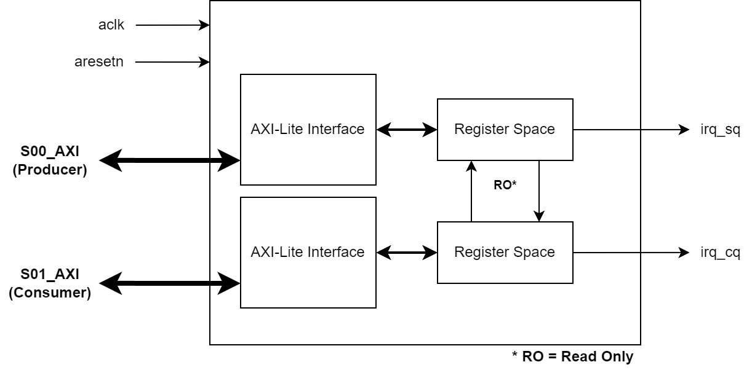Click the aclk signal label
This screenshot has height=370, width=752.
click(111, 25)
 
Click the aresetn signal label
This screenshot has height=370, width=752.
click(99, 62)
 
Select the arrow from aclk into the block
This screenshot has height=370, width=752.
click(172, 25)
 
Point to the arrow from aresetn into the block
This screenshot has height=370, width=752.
click(172, 62)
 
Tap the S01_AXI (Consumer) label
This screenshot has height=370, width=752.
click(50, 284)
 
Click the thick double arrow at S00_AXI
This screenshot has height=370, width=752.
click(169, 161)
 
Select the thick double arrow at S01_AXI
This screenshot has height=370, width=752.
click(169, 283)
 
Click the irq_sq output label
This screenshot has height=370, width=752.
click(719, 130)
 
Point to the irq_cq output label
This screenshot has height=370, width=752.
click(719, 253)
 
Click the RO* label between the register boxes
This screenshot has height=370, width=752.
click(505, 185)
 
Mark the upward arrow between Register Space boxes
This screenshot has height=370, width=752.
click(471, 191)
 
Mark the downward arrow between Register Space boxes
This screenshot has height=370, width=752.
click(539, 191)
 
